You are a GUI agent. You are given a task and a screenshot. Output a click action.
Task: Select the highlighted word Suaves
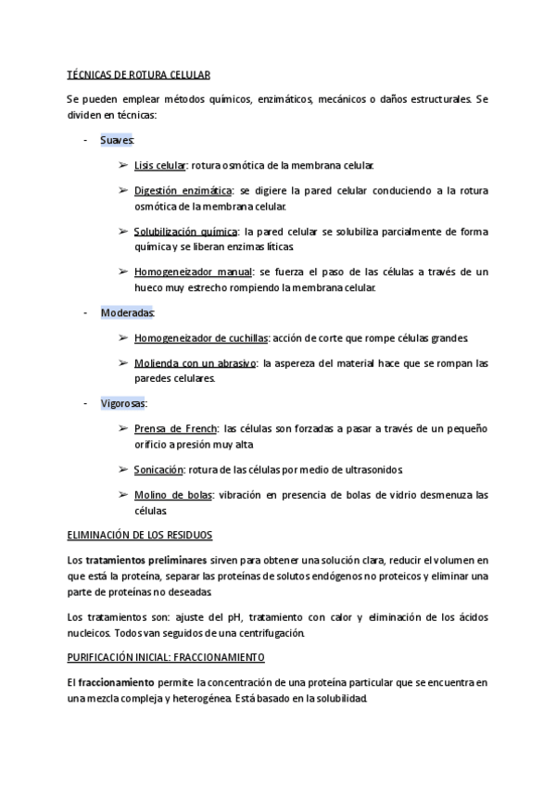pyautogui.click(x=117, y=140)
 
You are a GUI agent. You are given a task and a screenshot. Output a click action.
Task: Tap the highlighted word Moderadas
pyautogui.click(x=128, y=312)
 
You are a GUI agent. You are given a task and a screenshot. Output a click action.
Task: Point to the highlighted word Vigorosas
pyautogui.click(x=124, y=403)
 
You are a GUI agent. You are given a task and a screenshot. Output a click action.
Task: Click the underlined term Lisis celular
pyautogui.click(x=159, y=165)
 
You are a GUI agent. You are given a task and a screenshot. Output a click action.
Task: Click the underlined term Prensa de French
pyautogui.click(x=175, y=428)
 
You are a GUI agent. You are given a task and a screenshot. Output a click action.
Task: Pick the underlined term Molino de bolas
pyautogui.click(x=172, y=495)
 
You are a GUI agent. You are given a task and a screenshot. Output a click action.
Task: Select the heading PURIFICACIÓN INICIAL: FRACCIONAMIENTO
pyautogui.click(x=167, y=657)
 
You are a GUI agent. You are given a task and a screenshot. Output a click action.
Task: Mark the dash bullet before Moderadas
pyautogui.click(x=84, y=312)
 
